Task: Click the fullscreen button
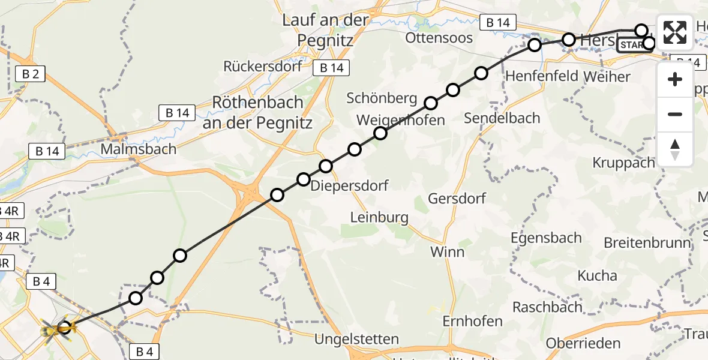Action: (x=675, y=32)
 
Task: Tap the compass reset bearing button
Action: (x=675, y=149)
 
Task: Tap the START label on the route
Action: (x=632, y=45)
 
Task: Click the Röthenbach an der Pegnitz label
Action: (x=257, y=112)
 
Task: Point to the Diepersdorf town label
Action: (x=350, y=185)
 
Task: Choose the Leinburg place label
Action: (x=379, y=217)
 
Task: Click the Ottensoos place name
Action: (x=439, y=38)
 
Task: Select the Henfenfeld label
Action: (x=541, y=76)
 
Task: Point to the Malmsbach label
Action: (x=139, y=148)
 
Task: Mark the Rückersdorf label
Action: (x=262, y=66)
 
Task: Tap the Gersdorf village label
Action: (x=457, y=199)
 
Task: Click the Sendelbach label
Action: (x=502, y=118)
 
